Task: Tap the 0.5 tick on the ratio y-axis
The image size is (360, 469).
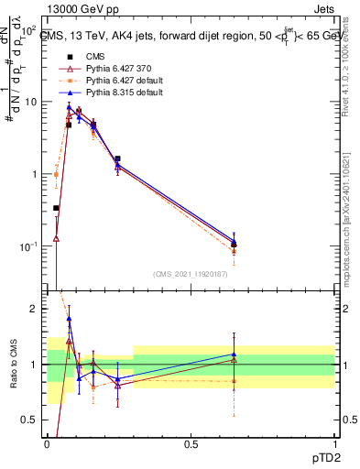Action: pos(32,420)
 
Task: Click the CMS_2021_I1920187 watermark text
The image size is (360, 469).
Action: pos(191,274)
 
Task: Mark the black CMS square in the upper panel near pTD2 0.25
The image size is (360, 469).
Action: pos(117,158)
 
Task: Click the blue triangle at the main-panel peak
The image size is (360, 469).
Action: pos(70,107)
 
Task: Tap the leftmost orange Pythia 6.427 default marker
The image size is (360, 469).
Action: pos(57,174)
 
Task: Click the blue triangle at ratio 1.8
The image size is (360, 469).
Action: pos(70,320)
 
